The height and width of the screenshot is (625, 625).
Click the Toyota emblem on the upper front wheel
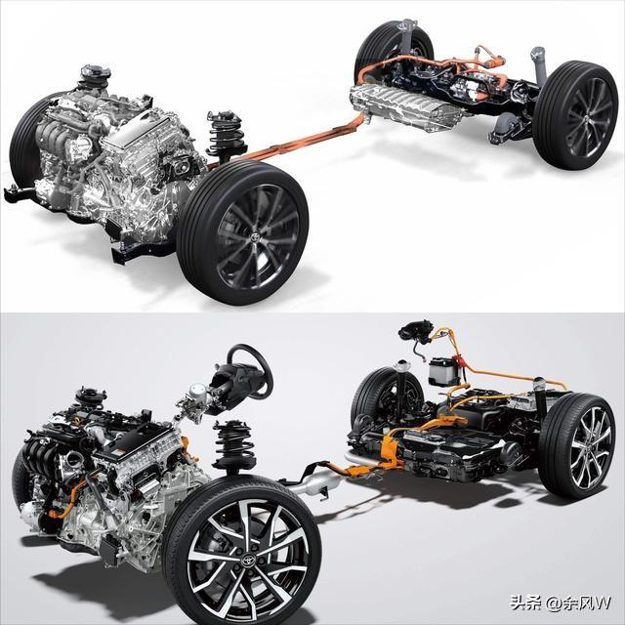(x=254, y=236)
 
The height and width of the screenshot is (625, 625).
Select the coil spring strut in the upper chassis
(x=224, y=136)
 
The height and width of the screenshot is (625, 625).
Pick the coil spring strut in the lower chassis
(x=234, y=445)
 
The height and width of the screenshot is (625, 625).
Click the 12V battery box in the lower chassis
(x=442, y=371)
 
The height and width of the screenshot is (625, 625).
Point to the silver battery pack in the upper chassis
(x=406, y=105)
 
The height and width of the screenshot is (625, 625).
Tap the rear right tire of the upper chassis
(x=575, y=115)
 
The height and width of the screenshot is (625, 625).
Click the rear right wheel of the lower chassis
(x=577, y=445)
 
